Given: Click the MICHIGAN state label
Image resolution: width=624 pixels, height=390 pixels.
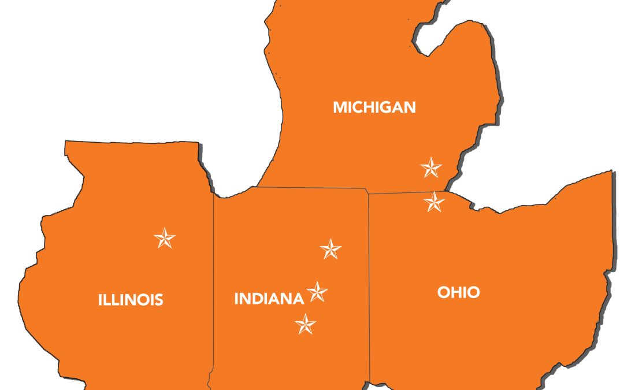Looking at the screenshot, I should point(374,107).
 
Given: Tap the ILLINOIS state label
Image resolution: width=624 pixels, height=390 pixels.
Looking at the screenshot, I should point(131,299).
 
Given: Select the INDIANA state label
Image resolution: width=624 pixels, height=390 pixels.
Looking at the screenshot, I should point(269,299).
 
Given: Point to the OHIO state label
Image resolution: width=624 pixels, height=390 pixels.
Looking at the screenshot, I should point(459,292).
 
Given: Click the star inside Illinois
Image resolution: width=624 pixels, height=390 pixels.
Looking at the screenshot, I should point(165,238).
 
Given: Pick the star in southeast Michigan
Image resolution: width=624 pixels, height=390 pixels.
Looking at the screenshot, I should point(431,168).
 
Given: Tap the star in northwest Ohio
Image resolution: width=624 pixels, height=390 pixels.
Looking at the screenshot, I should point(434,202).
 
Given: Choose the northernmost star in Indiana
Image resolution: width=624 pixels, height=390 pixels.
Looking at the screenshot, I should point(330,249).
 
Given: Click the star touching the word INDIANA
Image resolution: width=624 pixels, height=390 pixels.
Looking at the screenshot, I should point(317,292).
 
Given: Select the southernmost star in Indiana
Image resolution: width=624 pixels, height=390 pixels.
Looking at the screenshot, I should point(306,324).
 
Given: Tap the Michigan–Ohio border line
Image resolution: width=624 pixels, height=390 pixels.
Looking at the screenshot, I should point(404,192).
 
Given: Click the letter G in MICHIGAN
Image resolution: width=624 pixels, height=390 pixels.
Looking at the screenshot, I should point(384,107).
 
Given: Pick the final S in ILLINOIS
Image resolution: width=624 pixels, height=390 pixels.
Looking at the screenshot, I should point(159,299).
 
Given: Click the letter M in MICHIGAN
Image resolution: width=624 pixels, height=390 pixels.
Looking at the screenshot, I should point(340,107).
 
